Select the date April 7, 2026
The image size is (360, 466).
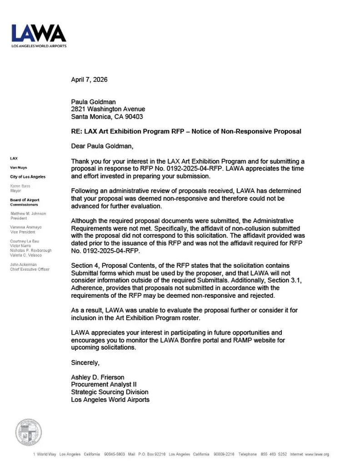coord(89,80)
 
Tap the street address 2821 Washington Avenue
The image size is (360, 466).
coord(108,109)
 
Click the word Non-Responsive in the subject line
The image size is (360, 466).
coord(243,131)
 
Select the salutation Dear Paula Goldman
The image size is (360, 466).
coord(103,146)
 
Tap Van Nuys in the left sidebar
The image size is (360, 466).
coord(18,167)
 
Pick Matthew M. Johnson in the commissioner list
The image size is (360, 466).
coord(28,213)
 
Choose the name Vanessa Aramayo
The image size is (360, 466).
coord(26,227)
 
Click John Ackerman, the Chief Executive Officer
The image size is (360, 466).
coord(23,264)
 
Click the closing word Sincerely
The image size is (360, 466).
coord(85,362)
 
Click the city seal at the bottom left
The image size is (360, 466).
coord(29,432)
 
